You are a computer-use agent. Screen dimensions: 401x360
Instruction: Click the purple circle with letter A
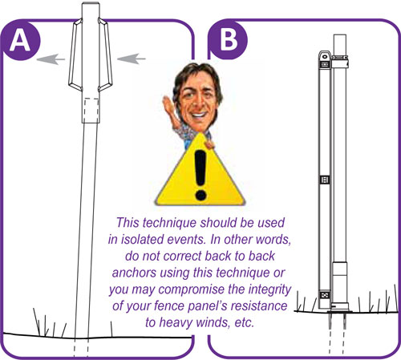21,41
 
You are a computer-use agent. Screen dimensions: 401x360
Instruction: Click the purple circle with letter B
228,40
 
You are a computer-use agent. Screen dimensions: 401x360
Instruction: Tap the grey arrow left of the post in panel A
51,59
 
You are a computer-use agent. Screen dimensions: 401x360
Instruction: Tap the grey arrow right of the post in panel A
132,59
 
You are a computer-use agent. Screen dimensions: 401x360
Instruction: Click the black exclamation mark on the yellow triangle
200,175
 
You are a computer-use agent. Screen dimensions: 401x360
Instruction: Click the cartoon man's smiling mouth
198,115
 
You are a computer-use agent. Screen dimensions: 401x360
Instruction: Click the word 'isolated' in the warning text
143,239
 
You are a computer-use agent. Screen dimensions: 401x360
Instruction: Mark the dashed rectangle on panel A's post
91,109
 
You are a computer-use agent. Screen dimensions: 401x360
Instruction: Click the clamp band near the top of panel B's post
339,61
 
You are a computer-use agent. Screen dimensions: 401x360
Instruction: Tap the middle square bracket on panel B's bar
325,180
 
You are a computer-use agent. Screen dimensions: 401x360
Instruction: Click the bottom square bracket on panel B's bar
325,295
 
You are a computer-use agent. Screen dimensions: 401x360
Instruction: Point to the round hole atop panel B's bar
325,56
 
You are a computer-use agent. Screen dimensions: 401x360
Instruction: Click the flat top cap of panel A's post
91,4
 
